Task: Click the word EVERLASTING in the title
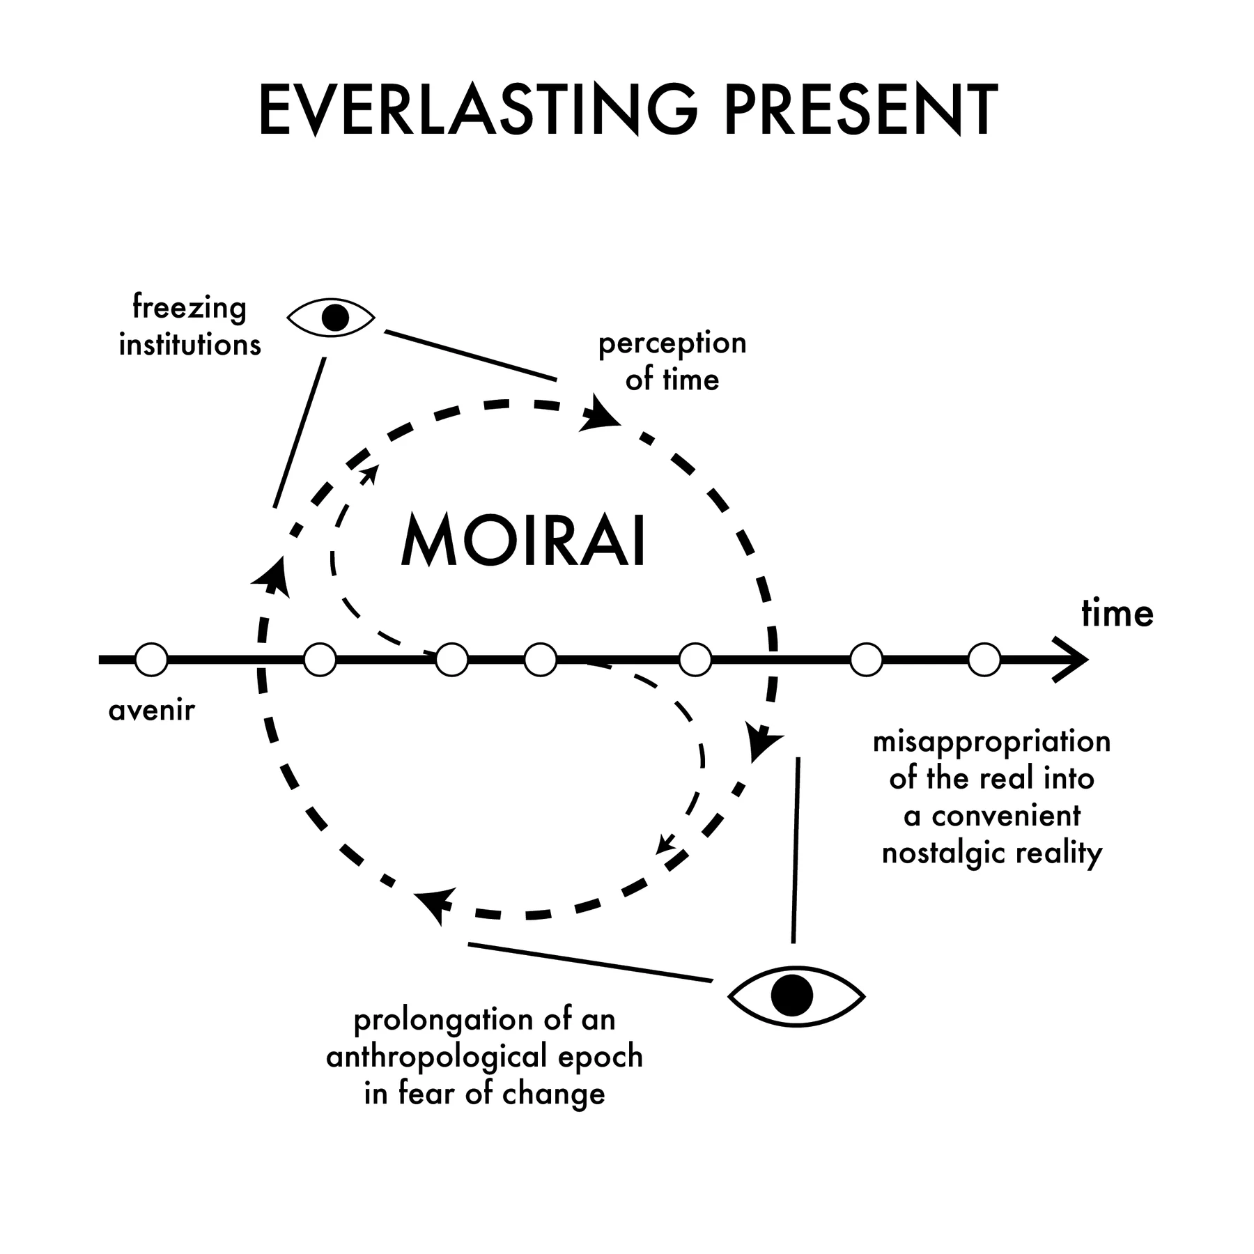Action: (x=478, y=110)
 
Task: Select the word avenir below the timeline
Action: (x=152, y=711)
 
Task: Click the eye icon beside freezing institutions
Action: (x=332, y=318)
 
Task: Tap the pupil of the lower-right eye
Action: (x=792, y=996)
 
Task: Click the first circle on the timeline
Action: (x=151, y=660)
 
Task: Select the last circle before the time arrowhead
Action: (x=984, y=660)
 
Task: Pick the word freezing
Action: (x=189, y=308)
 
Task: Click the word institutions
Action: (x=190, y=345)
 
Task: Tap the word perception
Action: (x=672, y=344)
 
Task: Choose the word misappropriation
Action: (x=991, y=743)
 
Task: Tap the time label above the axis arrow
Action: (x=1117, y=614)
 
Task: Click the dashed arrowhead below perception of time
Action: (x=599, y=414)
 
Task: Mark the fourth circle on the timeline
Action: (x=540, y=660)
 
